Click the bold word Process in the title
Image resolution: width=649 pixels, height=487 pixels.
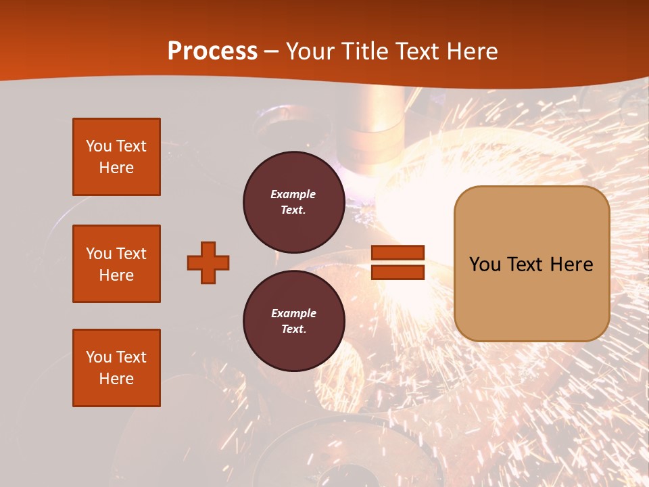(212, 51)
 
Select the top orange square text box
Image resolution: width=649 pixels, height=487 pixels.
(116, 157)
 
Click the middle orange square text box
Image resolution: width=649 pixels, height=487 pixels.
(116, 264)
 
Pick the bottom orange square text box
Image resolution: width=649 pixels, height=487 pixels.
(116, 368)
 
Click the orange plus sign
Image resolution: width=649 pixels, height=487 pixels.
(208, 262)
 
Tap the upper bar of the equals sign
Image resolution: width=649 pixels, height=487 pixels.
(398, 253)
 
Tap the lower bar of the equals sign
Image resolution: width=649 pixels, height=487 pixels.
(398, 272)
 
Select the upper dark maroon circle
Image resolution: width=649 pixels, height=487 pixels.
(293, 202)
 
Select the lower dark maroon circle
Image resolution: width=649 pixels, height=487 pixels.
(293, 321)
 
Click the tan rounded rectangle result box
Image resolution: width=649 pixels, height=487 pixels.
(531, 263)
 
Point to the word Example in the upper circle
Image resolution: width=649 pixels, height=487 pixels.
(293, 194)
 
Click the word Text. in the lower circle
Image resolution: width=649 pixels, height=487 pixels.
(293, 329)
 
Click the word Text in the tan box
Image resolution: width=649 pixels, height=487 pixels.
(528, 264)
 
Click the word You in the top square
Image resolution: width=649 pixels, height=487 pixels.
(99, 146)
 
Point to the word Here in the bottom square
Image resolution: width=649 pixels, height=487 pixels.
(116, 379)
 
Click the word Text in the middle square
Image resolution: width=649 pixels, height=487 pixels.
(130, 254)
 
